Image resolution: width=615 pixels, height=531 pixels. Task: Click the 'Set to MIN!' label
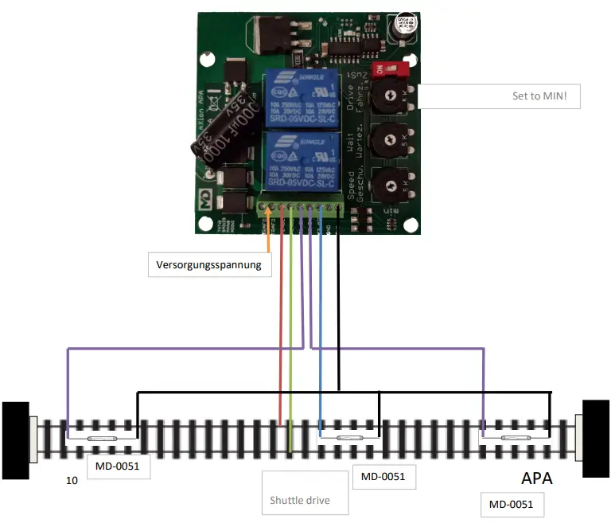coord(545,97)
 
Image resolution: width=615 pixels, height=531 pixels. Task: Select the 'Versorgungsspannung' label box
coord(209,264)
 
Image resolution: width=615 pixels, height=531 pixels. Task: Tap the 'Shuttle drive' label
coord(305,500)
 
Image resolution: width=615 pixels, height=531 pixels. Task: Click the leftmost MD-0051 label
coord(117,467)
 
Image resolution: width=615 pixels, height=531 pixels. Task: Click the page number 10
coord(72,482)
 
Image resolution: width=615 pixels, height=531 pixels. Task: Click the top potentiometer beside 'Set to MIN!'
coord(390,96)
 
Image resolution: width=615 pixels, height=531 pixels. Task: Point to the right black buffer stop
coord(596,439)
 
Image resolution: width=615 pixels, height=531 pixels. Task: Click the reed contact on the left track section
coord(103,439)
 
